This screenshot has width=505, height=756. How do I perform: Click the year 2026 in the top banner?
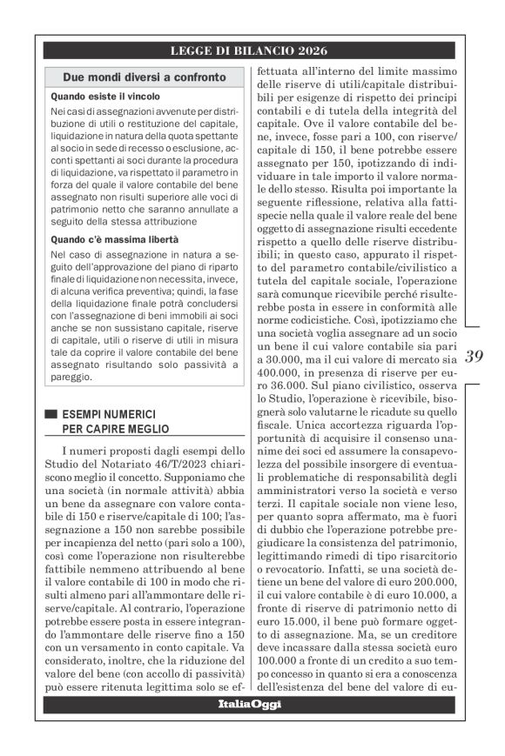click(x=313, y=50)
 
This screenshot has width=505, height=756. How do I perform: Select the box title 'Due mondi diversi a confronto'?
click(x=145, y=78)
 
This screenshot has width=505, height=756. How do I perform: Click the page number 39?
click(x=475, y=356)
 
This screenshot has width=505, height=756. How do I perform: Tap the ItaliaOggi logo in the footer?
click(x=249, y=704)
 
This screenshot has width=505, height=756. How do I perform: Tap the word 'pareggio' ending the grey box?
click(x=72, y=378)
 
